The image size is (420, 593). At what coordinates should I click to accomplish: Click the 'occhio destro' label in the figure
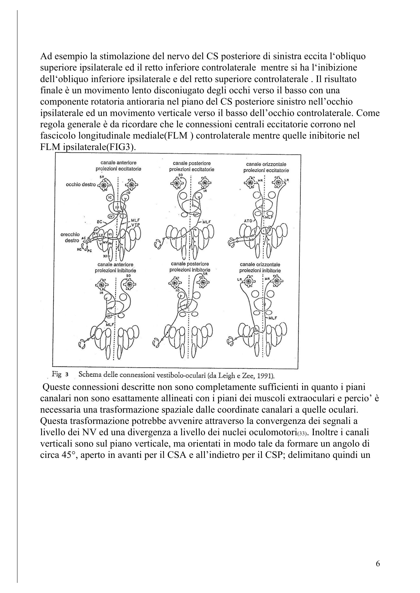pos(81,185)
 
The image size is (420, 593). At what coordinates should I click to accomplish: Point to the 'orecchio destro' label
pos(72,237)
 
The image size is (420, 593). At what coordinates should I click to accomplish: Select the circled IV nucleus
pos(111,216)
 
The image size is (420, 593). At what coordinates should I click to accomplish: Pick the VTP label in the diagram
pos(136,224)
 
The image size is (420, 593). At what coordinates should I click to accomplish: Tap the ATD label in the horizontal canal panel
pos(248,221)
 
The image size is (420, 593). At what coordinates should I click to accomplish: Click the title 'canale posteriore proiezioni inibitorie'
pos(190,267)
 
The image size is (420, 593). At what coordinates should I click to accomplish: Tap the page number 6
pos(378,564)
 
